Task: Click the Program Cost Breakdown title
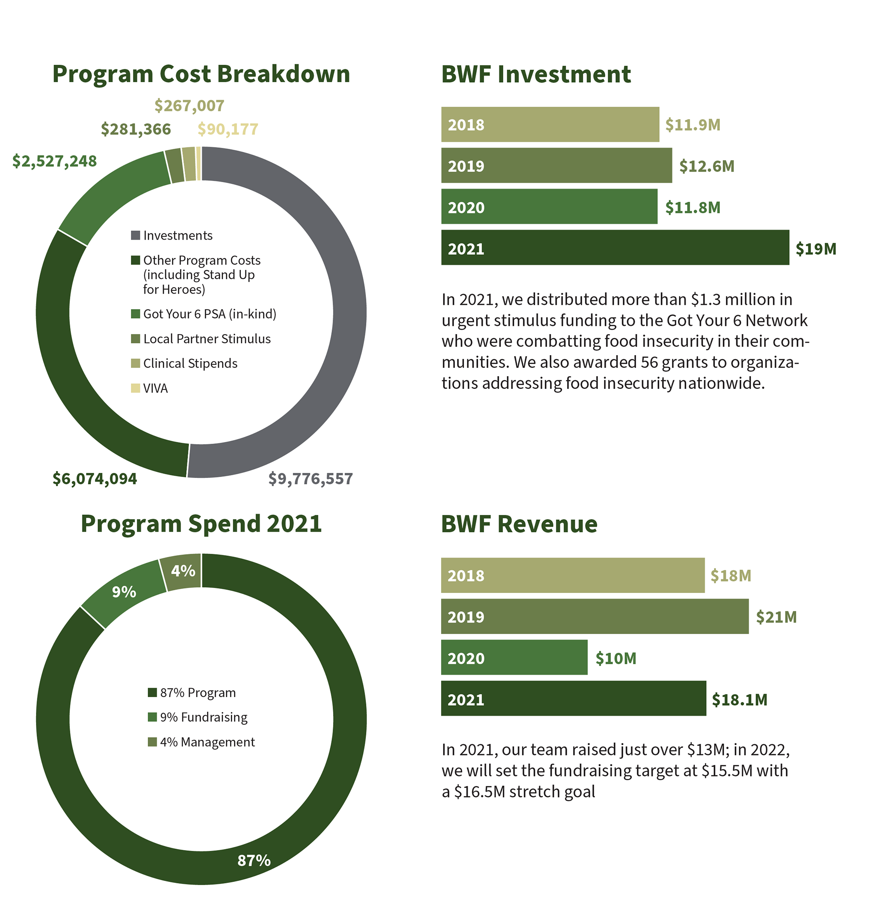[201, 74]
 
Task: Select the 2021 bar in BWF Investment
[615, 248]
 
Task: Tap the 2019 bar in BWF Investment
[556, 165]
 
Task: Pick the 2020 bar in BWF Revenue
[514, 657]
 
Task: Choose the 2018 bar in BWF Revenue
[573, 575]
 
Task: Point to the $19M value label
[815, 249]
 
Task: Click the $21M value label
[776, 617]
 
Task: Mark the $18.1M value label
[739, 700]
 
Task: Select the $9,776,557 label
[310, 478]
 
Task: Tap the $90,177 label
[228, 129]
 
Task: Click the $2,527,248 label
[54, 161]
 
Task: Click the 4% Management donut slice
[182, 572]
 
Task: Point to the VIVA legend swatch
[136, 388]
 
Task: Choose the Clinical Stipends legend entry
[190, 363]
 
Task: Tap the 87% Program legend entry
[198, 693]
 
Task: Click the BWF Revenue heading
[519, 524]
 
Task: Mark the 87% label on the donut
[254, 861]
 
